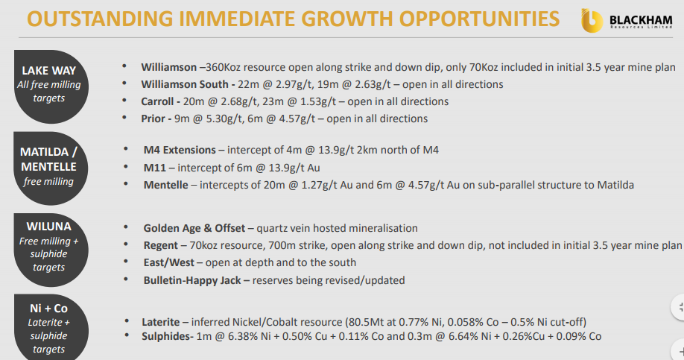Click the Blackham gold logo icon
pyautogui.click(x=592, y=21)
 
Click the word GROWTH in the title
pyautogui.click(x=346, y=19)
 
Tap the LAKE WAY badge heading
pyautogui.click(x=49, y=70)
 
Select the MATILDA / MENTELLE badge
pyautogui.click(x=49, y=168)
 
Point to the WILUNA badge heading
pyautogui.click(x=49, y=227)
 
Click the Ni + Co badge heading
pyautogui.click(x=49, y=308)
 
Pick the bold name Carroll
pyautogui.click(x=157, y=101)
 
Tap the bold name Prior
pyautogui.click(x=153, y=119)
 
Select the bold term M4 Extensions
pyautogui.click(x=180, y=150)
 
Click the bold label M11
pyautogui.click(x=155, y=168)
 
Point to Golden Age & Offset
pyautogui.click(x=194, y=228)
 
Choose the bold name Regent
pyautogui.click(x=160, y=246)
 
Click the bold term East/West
pyautogui.click(x=169, y=262)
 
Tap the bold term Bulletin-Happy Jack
pyautogui.click(x=192, y=280)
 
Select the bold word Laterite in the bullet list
pyautogui.click(x=160, y=322)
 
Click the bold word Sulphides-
pyautogui.click(x=168, y=336)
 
